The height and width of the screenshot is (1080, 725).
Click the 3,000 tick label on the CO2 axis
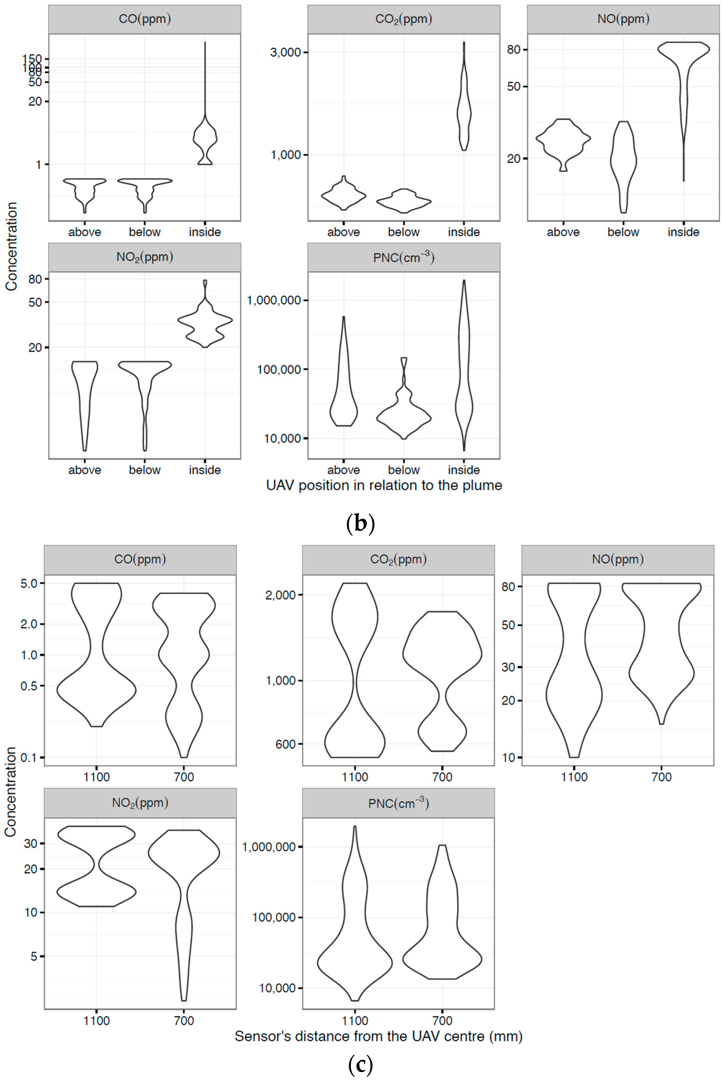click(285, 52)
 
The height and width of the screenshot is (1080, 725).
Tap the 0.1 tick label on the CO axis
click(29, 758)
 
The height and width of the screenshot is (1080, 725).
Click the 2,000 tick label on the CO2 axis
click(280, 595)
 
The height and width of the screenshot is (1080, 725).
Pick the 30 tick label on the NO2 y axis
click(31, 844)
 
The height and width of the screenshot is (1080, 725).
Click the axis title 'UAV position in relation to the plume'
click(384, 485)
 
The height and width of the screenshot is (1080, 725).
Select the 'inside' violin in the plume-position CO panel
click(205, 139)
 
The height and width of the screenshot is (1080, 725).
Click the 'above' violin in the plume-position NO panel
click(563, 139)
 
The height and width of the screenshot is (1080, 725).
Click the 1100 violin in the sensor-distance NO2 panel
click(96, 865)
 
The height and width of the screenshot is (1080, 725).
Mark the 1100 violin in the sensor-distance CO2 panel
click(355, 671)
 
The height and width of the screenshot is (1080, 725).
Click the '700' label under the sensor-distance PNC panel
click(442, 1021)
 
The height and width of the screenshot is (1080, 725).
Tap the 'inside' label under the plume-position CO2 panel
click(464, 232)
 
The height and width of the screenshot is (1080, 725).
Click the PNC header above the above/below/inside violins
click(404, 257)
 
